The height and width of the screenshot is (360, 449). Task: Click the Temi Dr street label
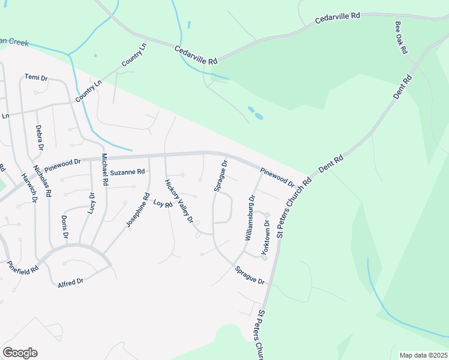(x=36, y=77)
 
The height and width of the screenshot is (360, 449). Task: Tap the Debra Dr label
(x=40, y=137)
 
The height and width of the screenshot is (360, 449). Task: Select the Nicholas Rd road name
(x=42, y=181)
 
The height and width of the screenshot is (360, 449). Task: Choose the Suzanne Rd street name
(x=127, y=172)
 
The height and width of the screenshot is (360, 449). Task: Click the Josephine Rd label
(x=137, y=209)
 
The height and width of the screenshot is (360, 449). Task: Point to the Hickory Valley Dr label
(x=179, y=201)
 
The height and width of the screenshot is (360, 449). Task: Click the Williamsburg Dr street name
(x=250, y=218)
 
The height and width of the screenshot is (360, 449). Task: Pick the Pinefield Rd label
(x=23, y=267)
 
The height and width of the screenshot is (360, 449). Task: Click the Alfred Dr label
(x=71, y=281)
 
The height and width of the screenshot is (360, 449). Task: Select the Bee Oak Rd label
(x=401, y=38)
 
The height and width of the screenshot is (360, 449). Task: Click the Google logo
(x=20, y=353)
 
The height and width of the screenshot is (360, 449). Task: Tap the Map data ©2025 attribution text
(x=423, y=355)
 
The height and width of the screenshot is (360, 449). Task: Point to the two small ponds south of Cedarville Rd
(x=255, y=113)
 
